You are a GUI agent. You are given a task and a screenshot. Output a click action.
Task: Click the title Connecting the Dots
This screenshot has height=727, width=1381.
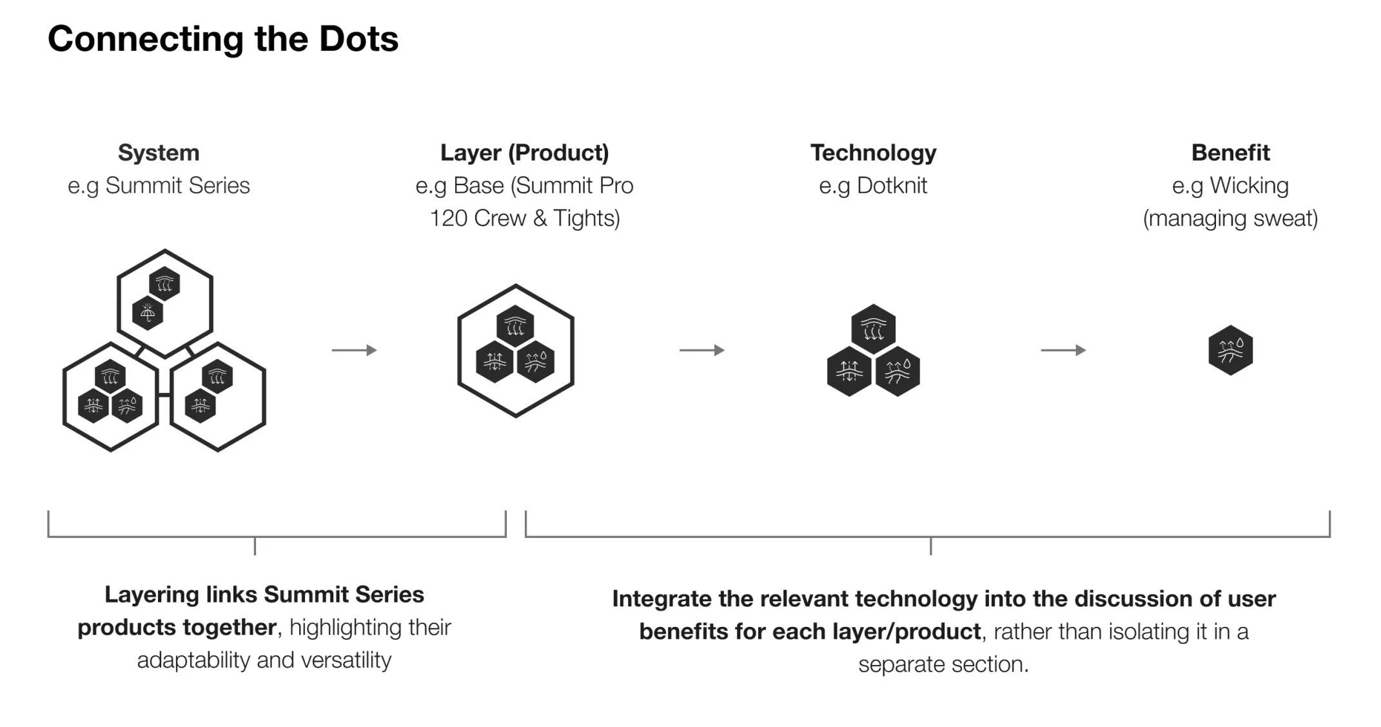tap(223, 39)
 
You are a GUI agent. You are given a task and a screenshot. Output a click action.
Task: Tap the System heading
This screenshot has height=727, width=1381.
tap(159, 153)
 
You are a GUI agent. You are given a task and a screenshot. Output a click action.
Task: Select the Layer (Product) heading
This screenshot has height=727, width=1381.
tap(524, 153)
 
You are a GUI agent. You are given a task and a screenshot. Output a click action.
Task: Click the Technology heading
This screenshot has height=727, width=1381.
tap(873, 153)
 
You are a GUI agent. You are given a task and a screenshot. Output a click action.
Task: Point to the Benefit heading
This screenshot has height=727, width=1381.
tap(1230, 153)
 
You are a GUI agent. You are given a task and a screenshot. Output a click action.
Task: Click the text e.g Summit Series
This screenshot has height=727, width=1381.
tap(159, 186)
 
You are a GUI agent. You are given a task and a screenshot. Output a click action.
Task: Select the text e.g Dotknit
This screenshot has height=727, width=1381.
tap(873, 186)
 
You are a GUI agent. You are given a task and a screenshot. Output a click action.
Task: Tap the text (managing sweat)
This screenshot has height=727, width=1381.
tap(1230, 219)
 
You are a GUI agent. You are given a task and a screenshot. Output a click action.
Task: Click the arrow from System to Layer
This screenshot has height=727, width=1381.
tap(354, 350)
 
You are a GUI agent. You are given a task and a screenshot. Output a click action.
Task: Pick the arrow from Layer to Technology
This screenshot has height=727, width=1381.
tap(701, 350)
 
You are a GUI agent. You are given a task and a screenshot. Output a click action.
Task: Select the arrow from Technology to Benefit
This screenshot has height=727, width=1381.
tap(1063, 350)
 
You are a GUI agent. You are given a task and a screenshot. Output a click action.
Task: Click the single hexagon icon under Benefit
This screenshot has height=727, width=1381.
tap(1230, 350)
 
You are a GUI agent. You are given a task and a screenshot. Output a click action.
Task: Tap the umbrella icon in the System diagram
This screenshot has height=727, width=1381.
tap(148, 314)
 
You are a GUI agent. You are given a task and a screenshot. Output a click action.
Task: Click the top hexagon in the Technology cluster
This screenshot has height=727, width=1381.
tap(873, 329)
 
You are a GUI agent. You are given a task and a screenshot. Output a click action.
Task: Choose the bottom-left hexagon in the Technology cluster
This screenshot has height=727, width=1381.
tap(849, 372)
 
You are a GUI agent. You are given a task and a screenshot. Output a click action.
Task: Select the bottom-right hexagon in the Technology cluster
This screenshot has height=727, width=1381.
tap(897, 372)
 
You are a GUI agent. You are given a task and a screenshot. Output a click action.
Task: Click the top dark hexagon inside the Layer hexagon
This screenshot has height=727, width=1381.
tap(515, 326)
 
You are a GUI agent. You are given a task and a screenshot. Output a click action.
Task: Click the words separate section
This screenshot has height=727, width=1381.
tap(943, 664)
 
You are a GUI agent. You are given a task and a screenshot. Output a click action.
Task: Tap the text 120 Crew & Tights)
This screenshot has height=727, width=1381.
tap(524, 219)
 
